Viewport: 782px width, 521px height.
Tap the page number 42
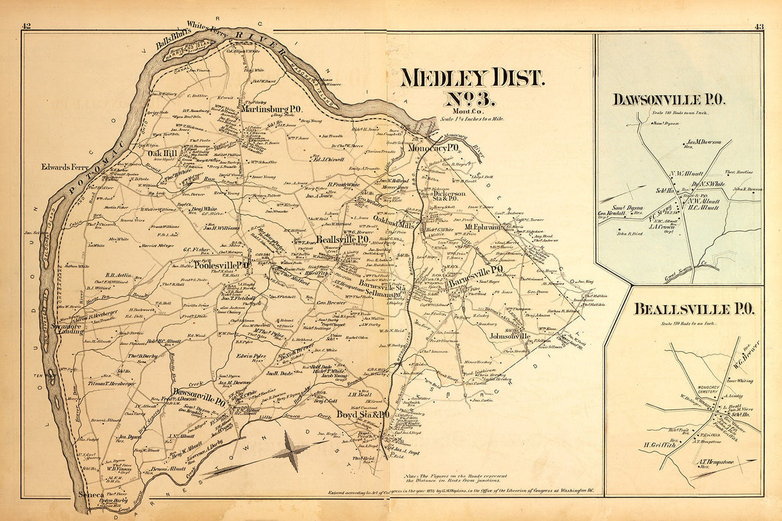(26, 26)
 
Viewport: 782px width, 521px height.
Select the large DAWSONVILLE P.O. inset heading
(669, 99)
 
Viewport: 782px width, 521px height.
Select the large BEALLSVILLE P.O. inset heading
(684, 308)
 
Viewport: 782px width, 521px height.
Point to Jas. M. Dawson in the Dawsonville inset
(704, 143)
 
